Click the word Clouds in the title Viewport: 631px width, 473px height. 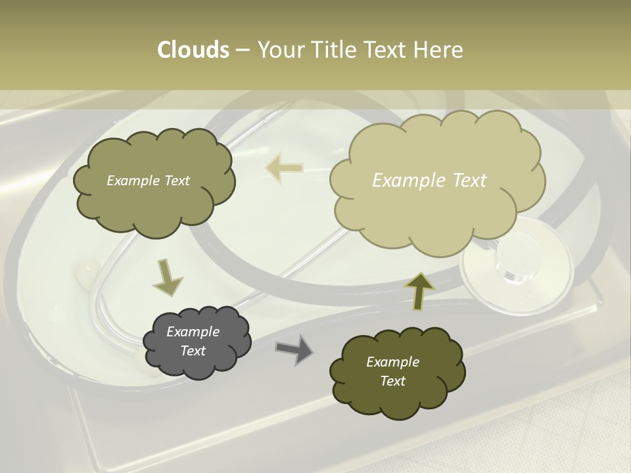(x=193, y=50)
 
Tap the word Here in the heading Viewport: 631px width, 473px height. (x=438, y=50)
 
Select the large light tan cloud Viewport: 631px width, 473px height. (x=434, y=210)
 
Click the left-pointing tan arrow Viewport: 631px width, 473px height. (x=284, y=168)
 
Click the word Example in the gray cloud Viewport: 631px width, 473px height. (x=193, y=332)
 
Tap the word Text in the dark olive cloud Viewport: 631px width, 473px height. (x=392, y=381)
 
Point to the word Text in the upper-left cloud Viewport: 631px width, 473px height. (x=176, y=181)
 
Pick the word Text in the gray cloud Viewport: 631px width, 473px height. (x=193, y=351)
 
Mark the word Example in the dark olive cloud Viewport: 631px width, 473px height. (x=392, y=362)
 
